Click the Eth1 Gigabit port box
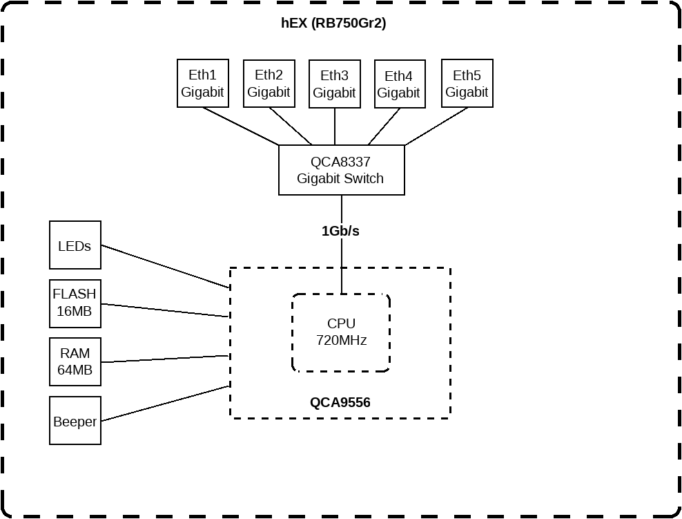point(202,83)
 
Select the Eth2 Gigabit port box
point(269,83)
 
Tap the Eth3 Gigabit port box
point(335,83)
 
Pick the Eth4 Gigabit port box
point(399,84)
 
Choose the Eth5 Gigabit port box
point(467,83)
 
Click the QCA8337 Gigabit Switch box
point(341,170)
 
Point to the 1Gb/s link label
point(340,232)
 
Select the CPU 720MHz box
point(341,332)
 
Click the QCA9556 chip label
point(340,402)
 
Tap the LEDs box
point(75,245)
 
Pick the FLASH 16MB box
point(75,303)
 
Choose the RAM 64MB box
point(75,361)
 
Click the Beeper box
point(75,421)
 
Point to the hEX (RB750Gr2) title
point(333,23)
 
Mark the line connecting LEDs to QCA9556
point(166,266)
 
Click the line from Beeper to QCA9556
point(166,403)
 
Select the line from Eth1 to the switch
point(241,126)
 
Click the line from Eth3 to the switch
point(335,126)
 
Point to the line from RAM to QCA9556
point(166,359)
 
